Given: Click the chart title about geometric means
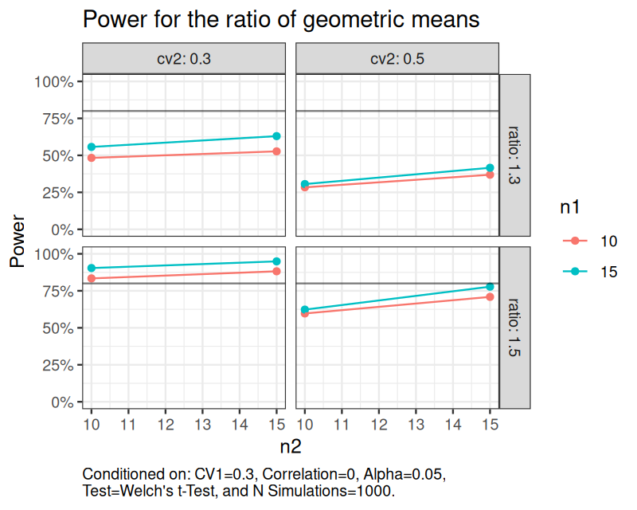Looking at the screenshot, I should pos(281,19).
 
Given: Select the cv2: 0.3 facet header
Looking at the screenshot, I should pos(183,58).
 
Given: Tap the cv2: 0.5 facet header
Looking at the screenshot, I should pos(397,58).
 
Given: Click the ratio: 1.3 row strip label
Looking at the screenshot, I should pos(514,155).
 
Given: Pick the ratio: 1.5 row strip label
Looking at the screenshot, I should pos(514,327).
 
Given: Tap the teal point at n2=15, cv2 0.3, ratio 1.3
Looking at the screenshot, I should pos(276,136).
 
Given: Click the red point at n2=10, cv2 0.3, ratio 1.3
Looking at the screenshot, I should pos(92,158).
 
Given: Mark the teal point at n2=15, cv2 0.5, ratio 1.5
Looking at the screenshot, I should pos(490,287).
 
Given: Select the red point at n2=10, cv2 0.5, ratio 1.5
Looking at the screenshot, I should pos(305,313).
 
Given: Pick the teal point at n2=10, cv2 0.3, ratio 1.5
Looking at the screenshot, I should pos(92,268).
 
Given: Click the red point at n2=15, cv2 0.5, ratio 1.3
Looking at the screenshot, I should pos(490,175).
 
